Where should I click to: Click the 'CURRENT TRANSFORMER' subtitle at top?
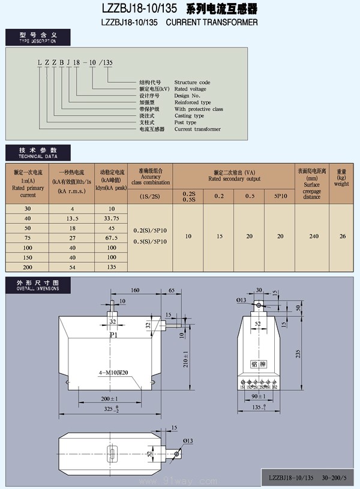point(211,22)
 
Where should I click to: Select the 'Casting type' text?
point(189,116)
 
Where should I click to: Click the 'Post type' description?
point(185,122)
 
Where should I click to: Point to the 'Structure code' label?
point(192,83)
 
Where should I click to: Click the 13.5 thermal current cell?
point(72,218)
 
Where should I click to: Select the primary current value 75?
point(28,238)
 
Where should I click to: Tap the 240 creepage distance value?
point(314,236)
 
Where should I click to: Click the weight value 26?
point(343,236)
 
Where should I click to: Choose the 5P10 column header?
point(280,196)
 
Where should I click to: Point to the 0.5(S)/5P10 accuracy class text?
point(150,242)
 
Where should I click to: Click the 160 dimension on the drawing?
point(136,290)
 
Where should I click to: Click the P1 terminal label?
point(113,335)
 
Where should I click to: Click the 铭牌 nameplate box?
point(257,364)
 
